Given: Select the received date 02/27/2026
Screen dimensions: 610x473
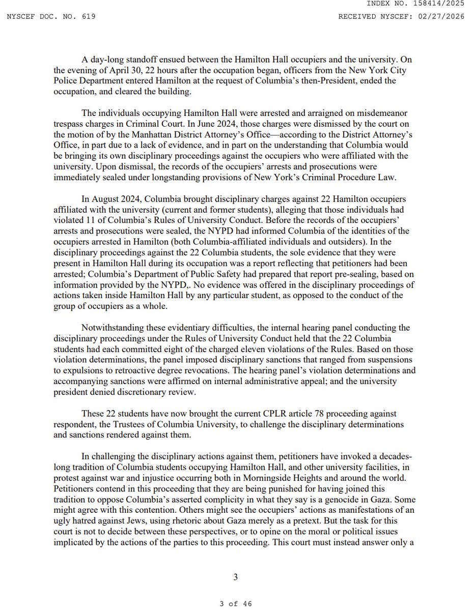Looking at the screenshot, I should click(x=447, y=17).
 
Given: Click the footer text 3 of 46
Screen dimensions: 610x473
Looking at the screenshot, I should click(x=236, y=604).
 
